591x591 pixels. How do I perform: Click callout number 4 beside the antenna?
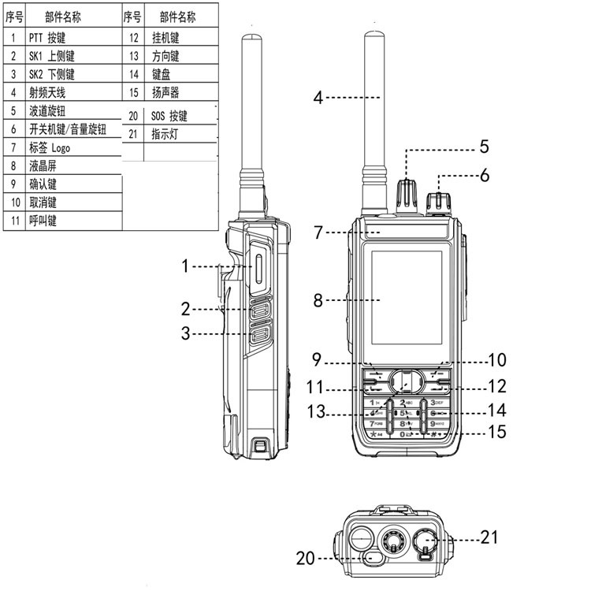(x=318, y=98)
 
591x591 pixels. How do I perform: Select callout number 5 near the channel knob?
(x=484, y=147)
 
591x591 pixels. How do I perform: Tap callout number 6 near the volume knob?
(x=484, y=175)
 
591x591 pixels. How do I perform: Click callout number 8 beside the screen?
(x=318, y=300)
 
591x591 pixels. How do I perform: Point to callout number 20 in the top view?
(x=305, y=558)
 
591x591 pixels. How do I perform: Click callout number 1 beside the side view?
(x=185, y=266)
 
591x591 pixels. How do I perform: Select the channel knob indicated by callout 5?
(x=407, y=192)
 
